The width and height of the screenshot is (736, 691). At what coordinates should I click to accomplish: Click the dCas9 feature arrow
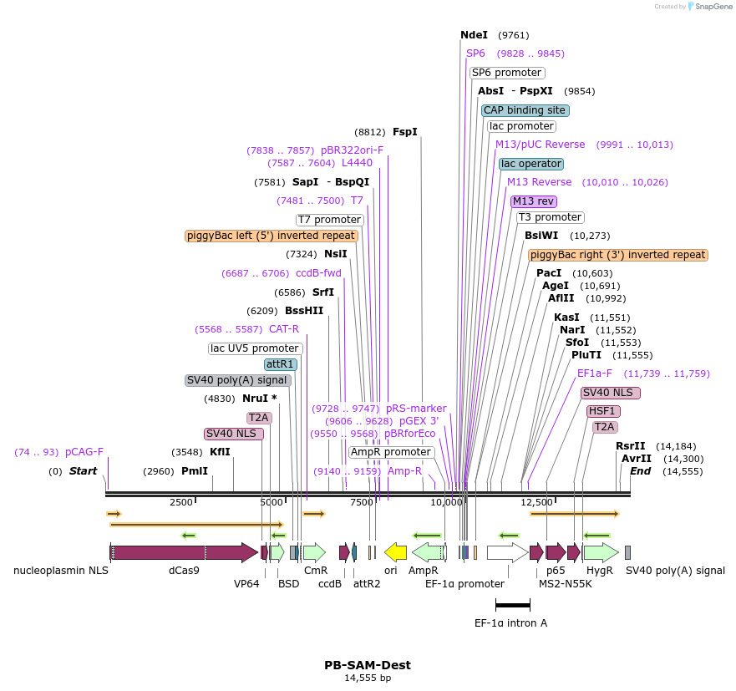click(184, 552)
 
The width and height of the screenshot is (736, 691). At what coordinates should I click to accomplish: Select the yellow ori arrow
click(395, 552)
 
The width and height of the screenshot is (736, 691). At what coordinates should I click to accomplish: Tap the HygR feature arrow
click(600, 552)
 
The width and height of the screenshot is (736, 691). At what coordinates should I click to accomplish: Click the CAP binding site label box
click(525, 110)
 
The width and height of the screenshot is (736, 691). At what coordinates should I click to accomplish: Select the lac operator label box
click(531, 164)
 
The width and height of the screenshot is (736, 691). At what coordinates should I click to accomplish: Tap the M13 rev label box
click(534, 201)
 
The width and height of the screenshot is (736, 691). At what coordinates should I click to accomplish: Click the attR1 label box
click(281, 364)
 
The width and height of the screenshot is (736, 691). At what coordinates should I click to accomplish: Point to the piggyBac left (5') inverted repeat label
click(272, 236)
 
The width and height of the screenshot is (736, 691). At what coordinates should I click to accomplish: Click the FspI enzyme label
click(405, 132)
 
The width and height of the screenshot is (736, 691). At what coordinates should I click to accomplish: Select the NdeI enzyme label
click(474, 35)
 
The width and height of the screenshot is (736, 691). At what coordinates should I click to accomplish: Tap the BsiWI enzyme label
click(541, 236)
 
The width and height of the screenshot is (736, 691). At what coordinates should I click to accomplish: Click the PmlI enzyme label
click(195, 471)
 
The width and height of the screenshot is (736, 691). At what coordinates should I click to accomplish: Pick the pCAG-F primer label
click(84, 452)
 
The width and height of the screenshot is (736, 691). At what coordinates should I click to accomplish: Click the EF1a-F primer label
click(595, 373)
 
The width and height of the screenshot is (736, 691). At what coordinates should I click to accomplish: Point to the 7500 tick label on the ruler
click(361, 502)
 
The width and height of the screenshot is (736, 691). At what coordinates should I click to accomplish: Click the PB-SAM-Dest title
click(368, 665)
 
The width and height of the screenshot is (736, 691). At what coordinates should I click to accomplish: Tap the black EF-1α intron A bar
click(512, 604)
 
